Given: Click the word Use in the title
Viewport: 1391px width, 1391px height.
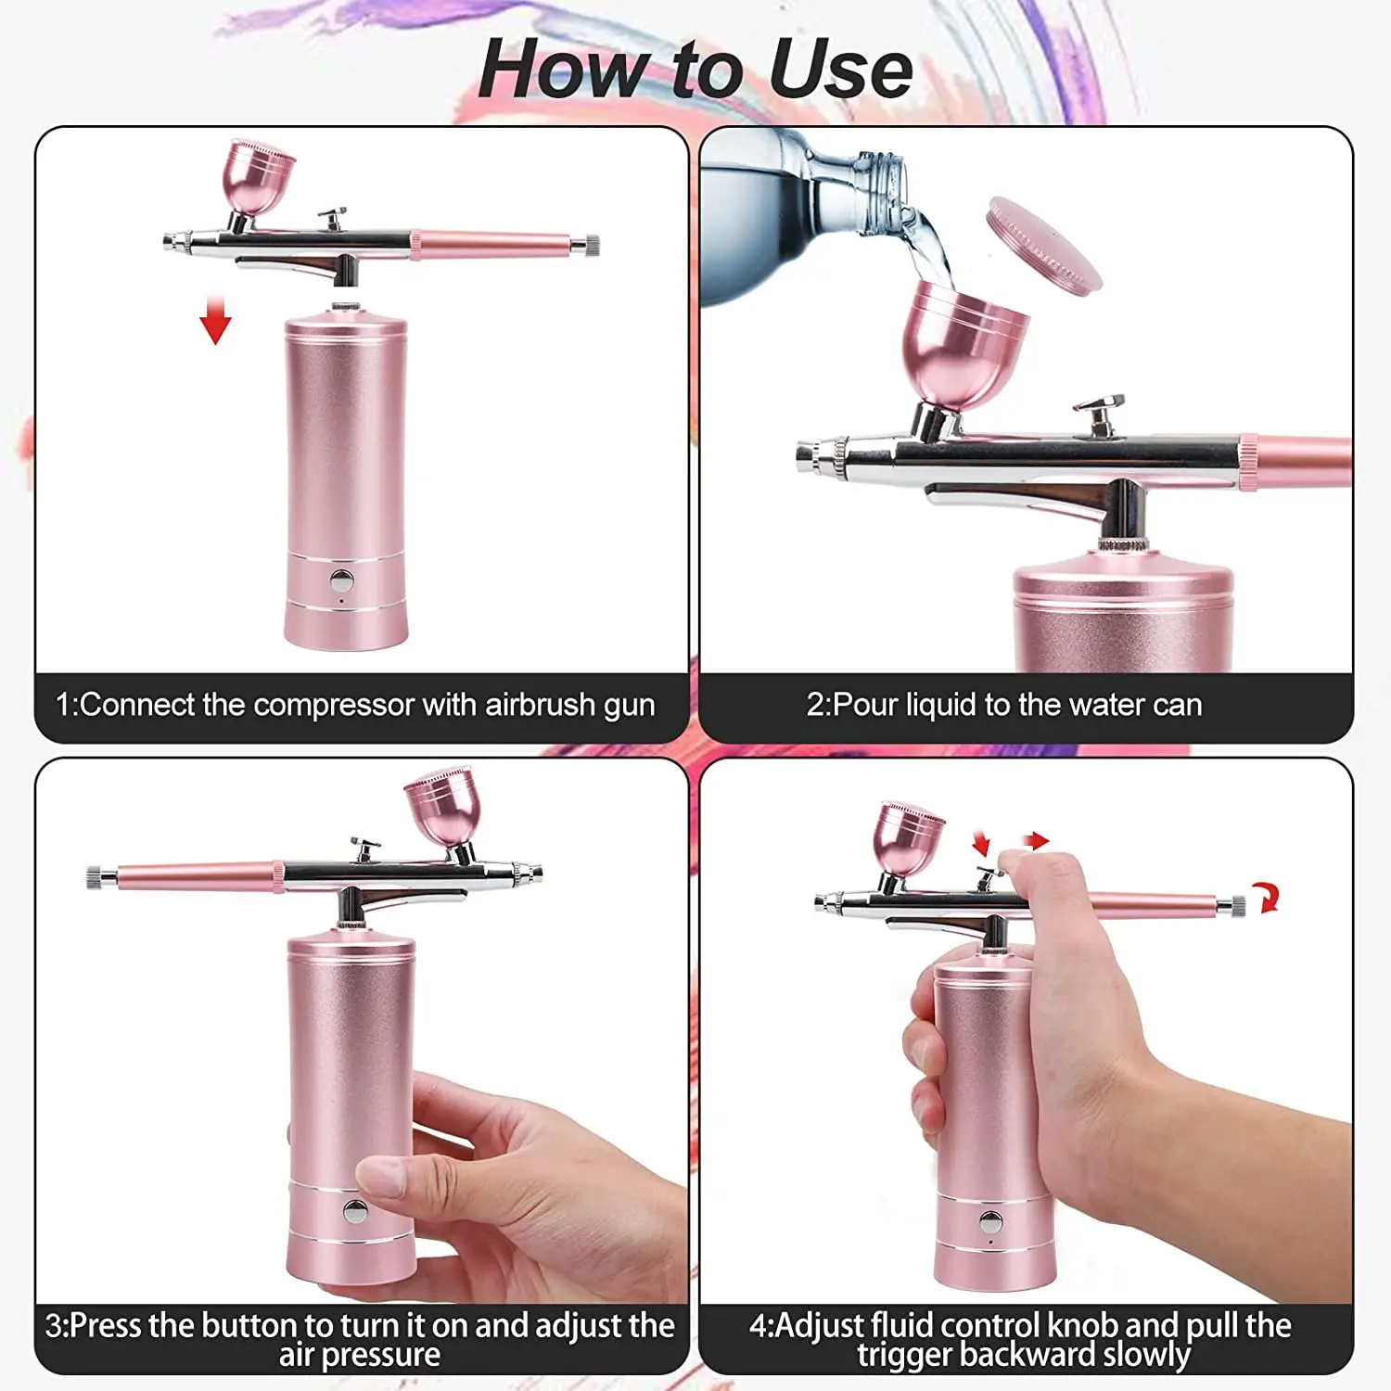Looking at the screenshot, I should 840,70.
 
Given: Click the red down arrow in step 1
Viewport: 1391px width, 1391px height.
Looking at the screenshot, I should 215,321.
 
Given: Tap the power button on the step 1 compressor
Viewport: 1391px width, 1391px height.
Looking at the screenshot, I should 342,581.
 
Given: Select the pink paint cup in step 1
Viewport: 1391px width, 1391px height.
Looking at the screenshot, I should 257,176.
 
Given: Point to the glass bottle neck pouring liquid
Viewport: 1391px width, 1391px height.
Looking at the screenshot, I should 867,190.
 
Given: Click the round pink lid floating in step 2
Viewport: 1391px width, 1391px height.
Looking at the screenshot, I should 1044,246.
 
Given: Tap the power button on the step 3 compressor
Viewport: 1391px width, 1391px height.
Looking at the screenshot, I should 354,1210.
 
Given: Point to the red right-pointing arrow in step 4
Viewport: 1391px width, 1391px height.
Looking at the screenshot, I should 1036,841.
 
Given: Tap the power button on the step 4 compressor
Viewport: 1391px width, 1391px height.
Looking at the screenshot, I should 990,1221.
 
